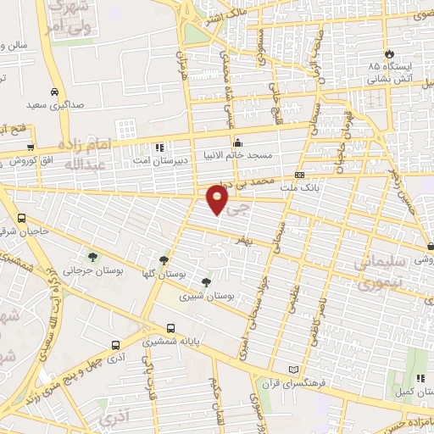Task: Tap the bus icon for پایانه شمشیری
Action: [171, 328]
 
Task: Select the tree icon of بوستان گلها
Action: [164, 261]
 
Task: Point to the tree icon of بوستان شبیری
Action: [206, 282]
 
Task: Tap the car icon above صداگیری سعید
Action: [55, 92]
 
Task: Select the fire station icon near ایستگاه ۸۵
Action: [389, 52]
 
